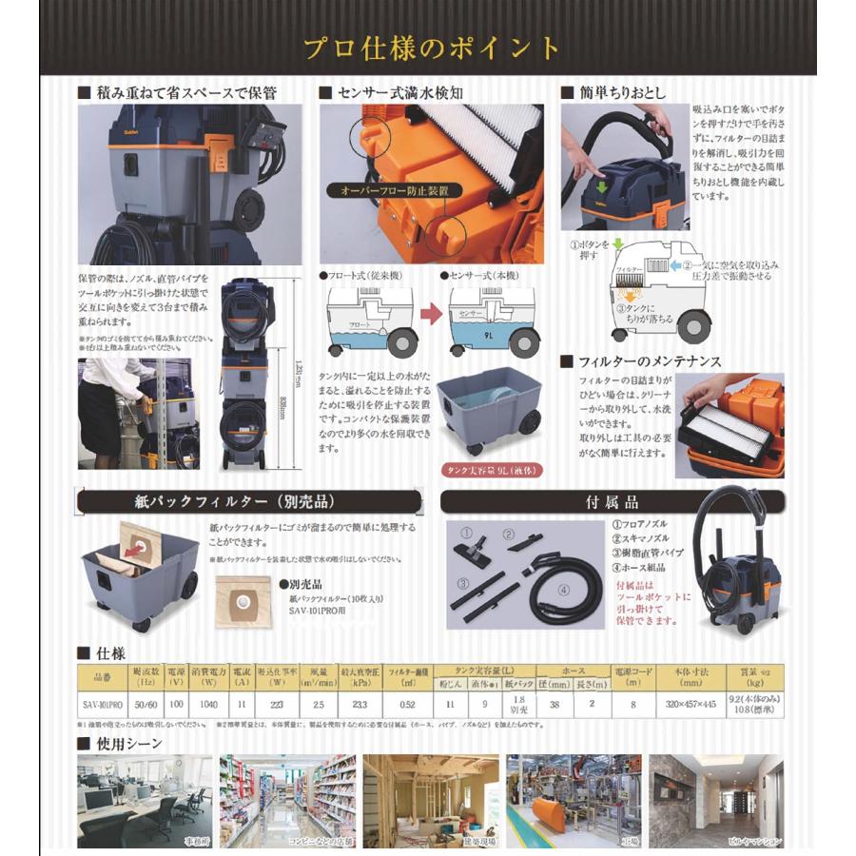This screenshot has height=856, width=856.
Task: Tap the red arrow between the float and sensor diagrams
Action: tap(430, 314)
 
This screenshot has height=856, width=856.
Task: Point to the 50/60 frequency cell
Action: tap(146, 704)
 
